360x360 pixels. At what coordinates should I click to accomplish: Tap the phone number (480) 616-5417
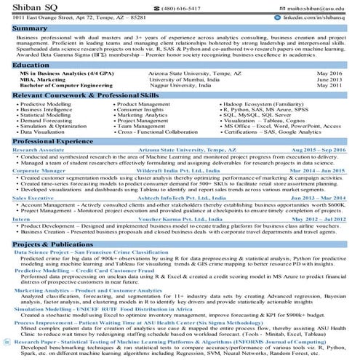coord(177,7)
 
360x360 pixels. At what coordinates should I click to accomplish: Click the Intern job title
coord(21,218)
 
